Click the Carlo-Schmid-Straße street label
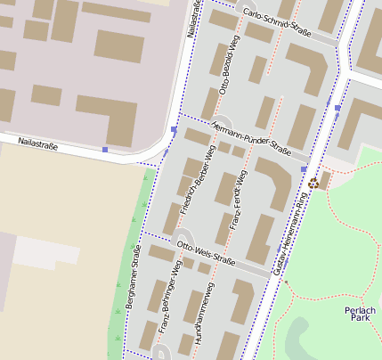[276, 24]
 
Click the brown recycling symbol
[313, 183]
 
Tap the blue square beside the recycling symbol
[305, 168]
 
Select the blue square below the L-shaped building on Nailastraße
[105, 150]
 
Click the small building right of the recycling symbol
[325, 180]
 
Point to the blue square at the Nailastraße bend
[173, 130]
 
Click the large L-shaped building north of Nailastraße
[110, 117]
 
